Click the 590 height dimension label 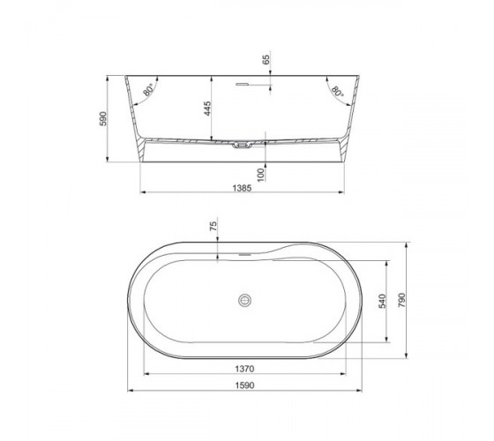tap(103, 119)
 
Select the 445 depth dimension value tap(207, 108)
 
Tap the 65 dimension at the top tap(266, 60)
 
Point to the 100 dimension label tap(260, 175)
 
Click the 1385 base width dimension tap(242, 188)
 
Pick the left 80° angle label tap(148, 90)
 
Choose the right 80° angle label tap(337, 91)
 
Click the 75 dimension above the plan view tap(213, 226)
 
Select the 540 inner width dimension tap(382, 301)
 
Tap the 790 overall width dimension tap(401, 300)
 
